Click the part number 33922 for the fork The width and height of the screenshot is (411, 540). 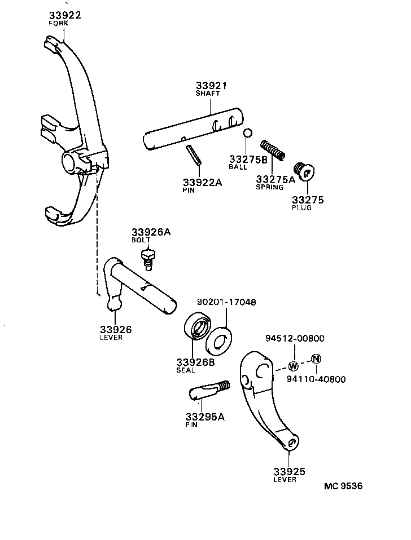(x=64, y=15)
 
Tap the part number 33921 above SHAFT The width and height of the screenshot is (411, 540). (x=211, y=86)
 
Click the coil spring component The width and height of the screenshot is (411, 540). (x=273, y=149)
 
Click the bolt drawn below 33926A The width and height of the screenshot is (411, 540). (x=147, y=260)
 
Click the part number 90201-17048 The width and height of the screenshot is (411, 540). (x=226, y=302)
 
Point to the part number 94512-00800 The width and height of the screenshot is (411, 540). (x=295, y=338)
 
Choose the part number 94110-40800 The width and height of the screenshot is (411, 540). (x=316, y=379)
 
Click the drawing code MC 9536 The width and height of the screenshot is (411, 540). (x=343, y=486)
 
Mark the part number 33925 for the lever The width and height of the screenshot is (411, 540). (x=289, y=471)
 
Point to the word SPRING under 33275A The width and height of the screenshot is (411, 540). (x=269, y=187)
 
